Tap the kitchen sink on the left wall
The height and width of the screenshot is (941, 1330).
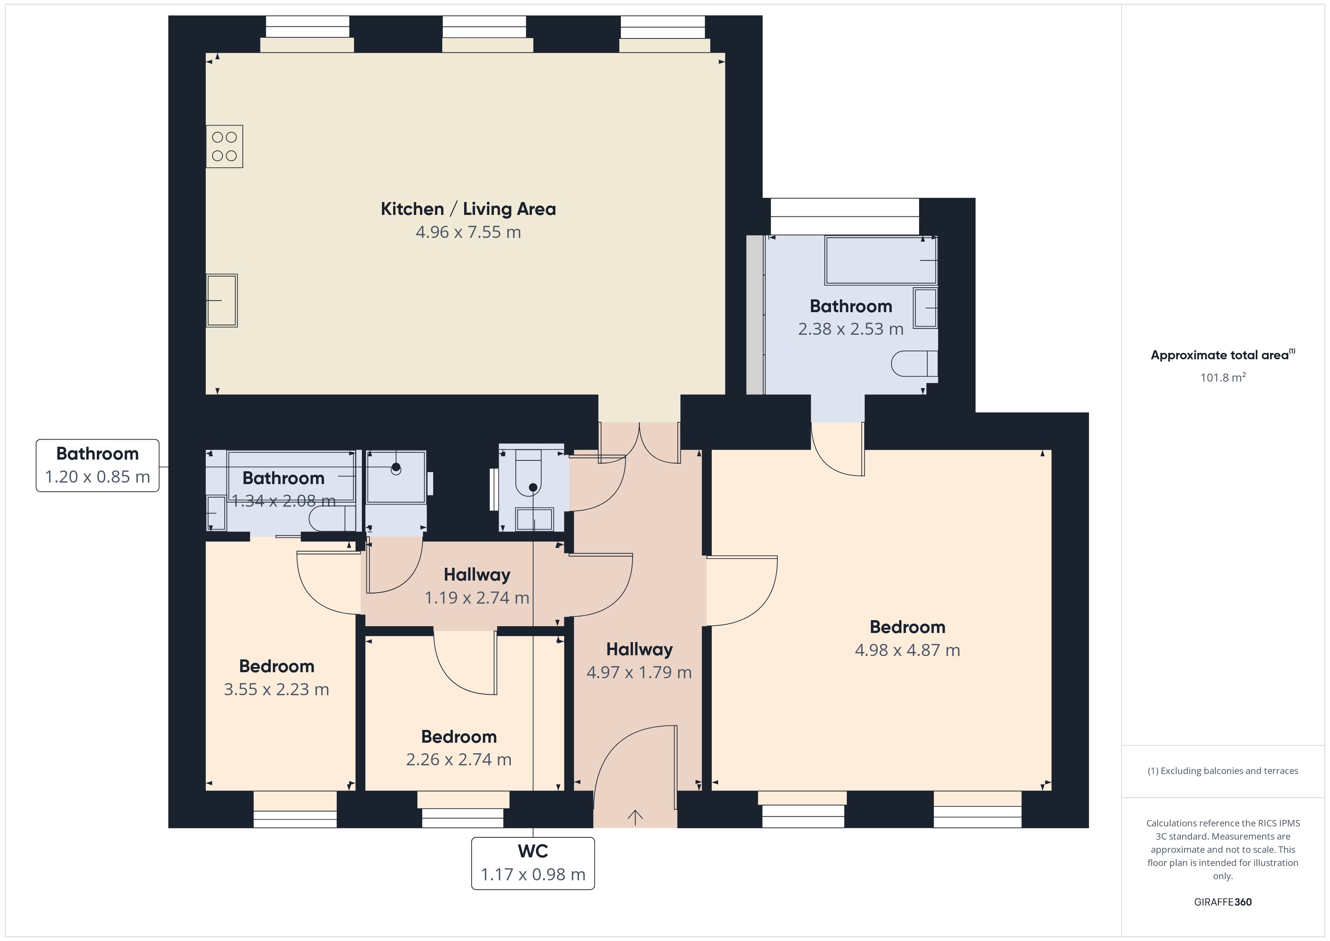(222, 301)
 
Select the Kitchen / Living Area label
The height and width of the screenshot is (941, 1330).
(468, 209)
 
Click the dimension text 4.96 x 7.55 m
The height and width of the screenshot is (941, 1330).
(468, 232)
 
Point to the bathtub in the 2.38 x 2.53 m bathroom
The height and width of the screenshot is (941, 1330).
(881, 260)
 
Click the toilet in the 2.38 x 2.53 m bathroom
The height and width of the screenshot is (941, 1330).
(914, 364)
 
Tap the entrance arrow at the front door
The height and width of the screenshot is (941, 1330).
(636, 817)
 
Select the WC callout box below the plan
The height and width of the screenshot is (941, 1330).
(533, 863)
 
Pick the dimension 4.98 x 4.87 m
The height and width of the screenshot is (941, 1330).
(907, 650)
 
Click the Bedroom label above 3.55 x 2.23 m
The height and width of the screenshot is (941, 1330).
(277, 666)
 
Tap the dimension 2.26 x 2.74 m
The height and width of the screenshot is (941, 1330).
(459, 760)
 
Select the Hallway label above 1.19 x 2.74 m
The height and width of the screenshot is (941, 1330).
(477, 575)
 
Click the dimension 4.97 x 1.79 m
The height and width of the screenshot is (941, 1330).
(639, 673)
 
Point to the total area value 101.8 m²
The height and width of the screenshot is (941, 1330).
(1223, 377)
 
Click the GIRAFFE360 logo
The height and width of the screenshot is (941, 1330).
(1223, 902)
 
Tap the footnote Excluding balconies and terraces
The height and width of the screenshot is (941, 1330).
(1223, 771)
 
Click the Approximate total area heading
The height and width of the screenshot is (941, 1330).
(1223, 355)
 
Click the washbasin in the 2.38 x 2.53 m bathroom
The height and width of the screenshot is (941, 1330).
(925, 308)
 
